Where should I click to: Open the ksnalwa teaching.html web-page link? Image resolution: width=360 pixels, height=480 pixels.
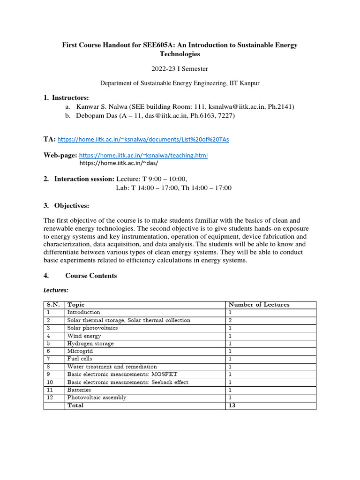(143, 155)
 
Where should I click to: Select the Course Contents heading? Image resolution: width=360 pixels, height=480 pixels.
(91, 276)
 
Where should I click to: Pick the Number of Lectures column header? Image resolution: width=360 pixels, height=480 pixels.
(259, 305)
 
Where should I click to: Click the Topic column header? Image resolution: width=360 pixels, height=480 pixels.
(76, 305)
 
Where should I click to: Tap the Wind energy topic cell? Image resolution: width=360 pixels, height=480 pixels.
(84, 336)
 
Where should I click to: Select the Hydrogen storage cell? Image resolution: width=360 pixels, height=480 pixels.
(90, 344)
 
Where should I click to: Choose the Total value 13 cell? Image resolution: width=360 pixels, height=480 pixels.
(232, 405)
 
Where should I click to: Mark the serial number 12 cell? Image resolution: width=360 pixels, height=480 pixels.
(49, 397)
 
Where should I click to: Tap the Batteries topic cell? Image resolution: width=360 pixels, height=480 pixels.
(79, 390)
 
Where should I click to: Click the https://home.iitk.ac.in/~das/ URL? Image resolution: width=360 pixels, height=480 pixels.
(119, 163)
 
